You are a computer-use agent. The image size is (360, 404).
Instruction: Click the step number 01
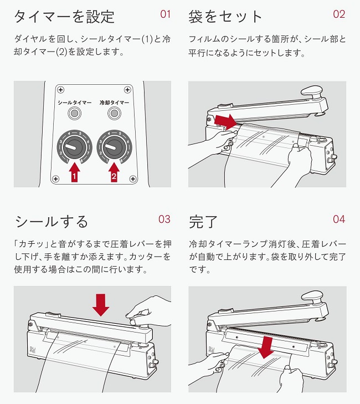(x=166, y=14)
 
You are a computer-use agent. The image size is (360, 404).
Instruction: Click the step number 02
(x=339, y=14)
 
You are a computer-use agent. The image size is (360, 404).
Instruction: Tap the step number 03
(x=164, y=219)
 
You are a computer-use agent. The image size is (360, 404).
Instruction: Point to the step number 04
(x=339, y=219)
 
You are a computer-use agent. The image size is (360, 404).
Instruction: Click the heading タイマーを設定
(x=64, y=16)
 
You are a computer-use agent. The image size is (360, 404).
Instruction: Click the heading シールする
(x=51, y=222)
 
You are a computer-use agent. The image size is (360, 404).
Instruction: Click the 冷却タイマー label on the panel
(x=114, y=103)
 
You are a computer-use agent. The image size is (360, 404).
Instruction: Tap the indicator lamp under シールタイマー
(x=73, y=114)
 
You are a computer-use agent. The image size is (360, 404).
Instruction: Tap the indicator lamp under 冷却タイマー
(x=115, y=114)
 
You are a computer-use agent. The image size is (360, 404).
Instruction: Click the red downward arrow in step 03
(x=100, y=304)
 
